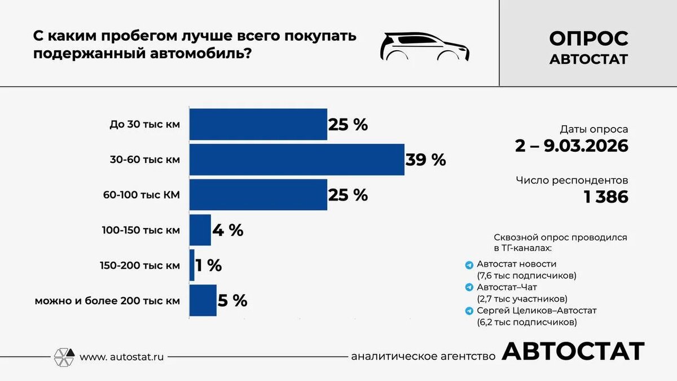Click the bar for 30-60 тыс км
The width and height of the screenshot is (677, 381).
click(297, 160)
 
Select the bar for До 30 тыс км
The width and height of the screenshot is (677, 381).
click(258, 124)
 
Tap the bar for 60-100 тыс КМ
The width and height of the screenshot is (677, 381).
click(258, 195)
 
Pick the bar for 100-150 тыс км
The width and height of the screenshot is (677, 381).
click(200, 230)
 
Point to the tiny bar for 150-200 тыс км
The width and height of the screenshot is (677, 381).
click(192, 265)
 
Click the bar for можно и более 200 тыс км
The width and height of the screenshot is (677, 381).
click(203, 300)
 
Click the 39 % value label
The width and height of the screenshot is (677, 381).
click(425, 160)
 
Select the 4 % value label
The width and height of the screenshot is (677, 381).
click(228, 230)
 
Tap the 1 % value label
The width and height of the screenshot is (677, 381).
click(209, 265)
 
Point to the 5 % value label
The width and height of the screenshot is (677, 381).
click(232, 300)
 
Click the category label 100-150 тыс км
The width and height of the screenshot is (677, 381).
click(141, 230)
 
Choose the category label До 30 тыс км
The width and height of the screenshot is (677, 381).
click(144, 124)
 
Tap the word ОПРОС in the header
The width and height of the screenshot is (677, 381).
click(588, 38)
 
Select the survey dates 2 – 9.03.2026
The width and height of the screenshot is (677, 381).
click(572, 146)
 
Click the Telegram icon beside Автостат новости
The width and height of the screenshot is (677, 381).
click(469, 265)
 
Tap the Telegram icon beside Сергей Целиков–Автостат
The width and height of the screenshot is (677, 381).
click(469, 311)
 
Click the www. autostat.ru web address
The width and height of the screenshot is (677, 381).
click(122, 357)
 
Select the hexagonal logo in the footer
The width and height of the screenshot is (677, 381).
click(64, 357)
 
